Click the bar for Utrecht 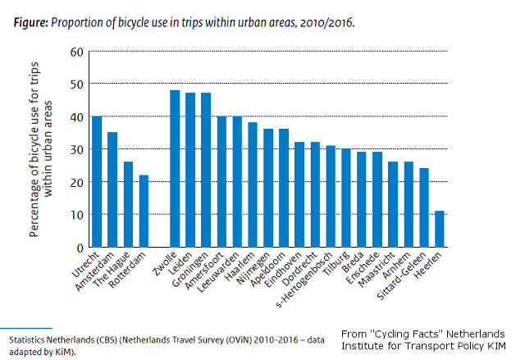(97, 181)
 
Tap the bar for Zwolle (175, 168)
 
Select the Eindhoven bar (299, 194)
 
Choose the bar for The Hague (128, 204)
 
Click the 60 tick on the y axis (76, 52)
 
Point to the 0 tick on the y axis (80, 247)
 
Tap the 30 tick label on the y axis (76, 149)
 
